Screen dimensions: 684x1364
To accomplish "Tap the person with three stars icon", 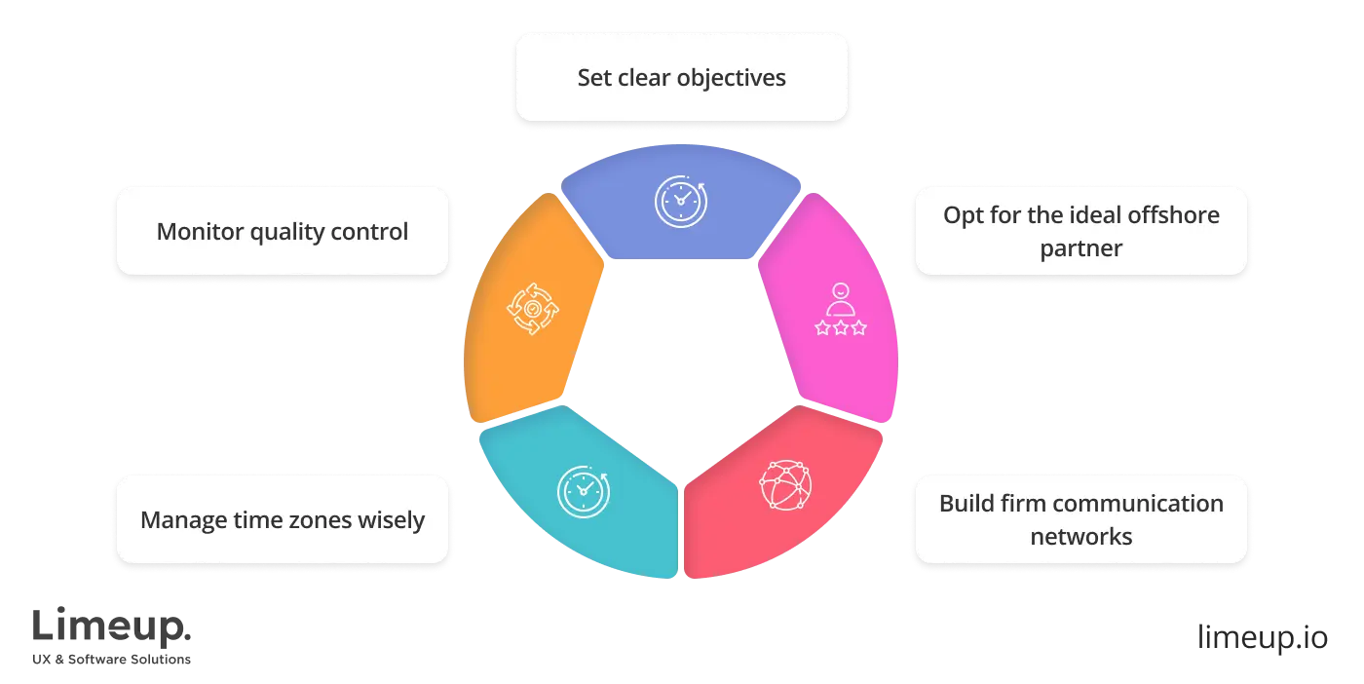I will pyautogui.click(x=840, y=310).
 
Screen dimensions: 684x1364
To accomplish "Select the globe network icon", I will pyautogui.click(x=784, y=485).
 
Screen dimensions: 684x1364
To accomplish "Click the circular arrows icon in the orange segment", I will pyautogui.click(x=533, y=309).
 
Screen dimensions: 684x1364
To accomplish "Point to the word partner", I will pyautogui.click(x=1080, y=248).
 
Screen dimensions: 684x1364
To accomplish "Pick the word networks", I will pyautogui.click(x=1080, y=536).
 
